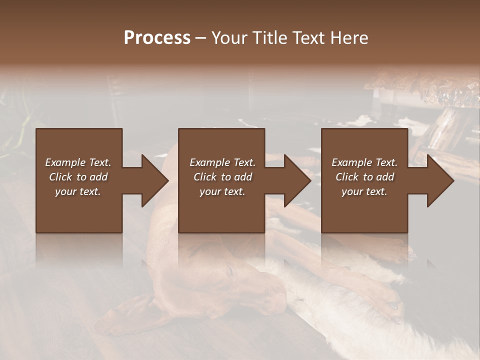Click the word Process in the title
click(157, 38)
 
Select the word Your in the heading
click(230, 38)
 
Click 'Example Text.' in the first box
click(78, 162)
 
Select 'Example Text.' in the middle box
click(222, 162)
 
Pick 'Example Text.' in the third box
click(364, 162)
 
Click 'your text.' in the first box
click(78, 191)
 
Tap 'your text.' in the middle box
click(222, 191)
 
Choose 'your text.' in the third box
click(364, 191)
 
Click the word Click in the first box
click(60, 177)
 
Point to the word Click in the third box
click(347, 177)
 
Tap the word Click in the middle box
click(205, 177)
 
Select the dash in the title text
click(200, 38)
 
